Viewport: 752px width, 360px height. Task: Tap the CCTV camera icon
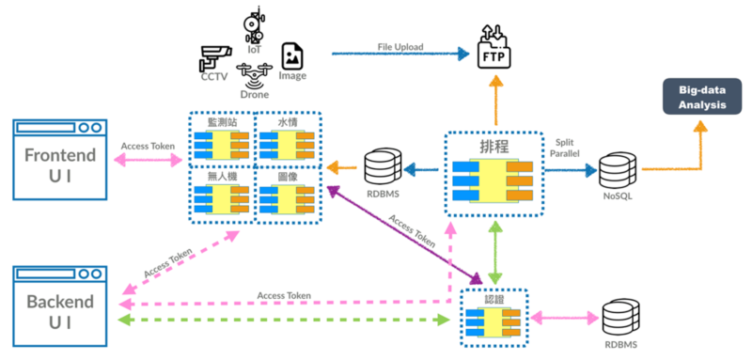click(215, 57)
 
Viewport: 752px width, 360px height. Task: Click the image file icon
click(292, 55)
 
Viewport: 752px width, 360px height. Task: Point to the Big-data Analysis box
click(701, 97)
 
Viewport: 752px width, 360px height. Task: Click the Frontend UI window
click(60, 159)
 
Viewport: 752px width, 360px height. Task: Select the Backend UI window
click(60, 306)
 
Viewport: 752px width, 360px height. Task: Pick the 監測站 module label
click(223, 123)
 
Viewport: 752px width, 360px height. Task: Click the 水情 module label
click(288, 123)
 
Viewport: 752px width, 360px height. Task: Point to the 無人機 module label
click(222, 177)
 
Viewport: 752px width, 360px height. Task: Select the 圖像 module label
click(288, 177)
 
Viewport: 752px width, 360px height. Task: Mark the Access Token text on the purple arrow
click(412, 231)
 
